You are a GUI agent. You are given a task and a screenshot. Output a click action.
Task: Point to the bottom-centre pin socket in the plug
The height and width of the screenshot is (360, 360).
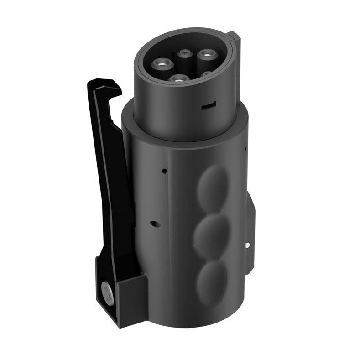(177, 78)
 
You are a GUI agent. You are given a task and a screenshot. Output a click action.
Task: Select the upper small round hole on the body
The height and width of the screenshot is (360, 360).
(164, 171)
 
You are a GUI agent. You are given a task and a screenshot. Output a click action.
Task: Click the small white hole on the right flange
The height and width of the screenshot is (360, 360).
(247, 245)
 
